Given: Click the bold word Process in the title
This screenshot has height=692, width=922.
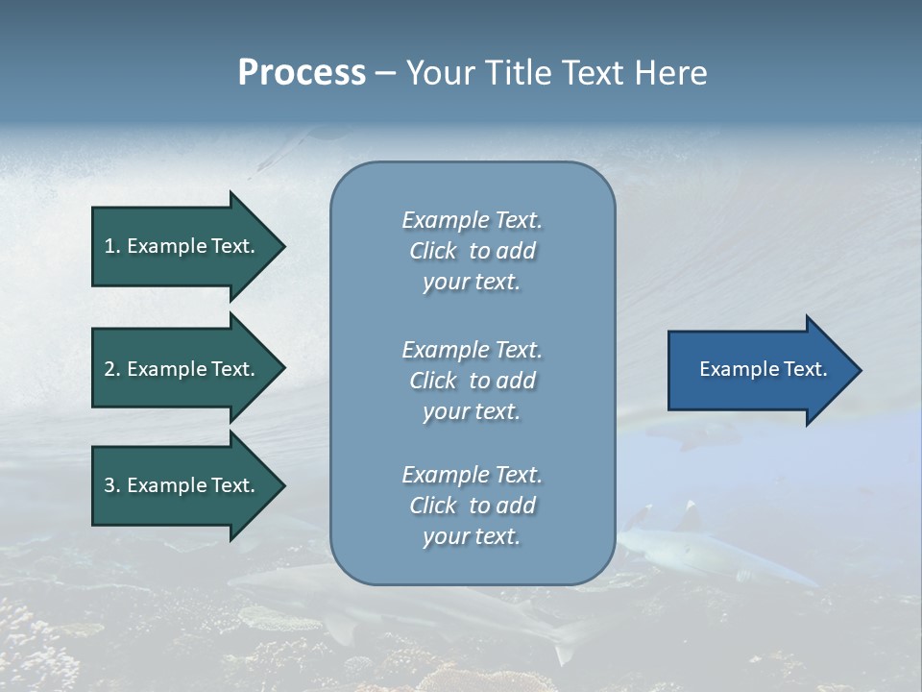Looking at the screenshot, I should click(x=302, y=72).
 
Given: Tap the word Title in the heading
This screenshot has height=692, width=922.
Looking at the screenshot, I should click(x=517, y=72).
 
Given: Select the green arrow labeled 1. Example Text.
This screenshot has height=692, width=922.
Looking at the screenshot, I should click(x=182, y=246).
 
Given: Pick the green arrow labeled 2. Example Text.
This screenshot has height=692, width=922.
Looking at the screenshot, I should click(x=182, y=369).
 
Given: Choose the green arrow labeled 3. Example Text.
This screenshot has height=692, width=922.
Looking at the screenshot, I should click(x=182, y=485).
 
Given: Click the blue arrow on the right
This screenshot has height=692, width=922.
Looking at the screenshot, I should click(x=759, y=369).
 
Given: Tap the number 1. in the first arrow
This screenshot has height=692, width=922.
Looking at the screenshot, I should click(x=112, y=246).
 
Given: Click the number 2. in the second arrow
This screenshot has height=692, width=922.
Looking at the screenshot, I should click(x=112, y=369).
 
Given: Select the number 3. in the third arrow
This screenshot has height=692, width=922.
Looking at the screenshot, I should click(x=112, y=485).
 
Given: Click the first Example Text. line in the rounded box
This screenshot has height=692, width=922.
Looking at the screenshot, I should click(x=472, y=220).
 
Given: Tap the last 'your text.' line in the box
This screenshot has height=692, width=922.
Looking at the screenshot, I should click(x=472, y=536).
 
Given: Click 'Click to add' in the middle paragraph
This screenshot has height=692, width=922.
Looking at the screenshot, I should click(x=472, y=381).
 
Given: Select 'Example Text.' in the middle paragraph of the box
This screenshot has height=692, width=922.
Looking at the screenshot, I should click(x=472, y=350).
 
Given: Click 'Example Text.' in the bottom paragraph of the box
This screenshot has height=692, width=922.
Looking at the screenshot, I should click(x=472, y=475).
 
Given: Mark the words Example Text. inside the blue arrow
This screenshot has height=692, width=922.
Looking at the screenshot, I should click(x=763, y=369).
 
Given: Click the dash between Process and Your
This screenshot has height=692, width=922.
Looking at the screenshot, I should click(x=385, y=73).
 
